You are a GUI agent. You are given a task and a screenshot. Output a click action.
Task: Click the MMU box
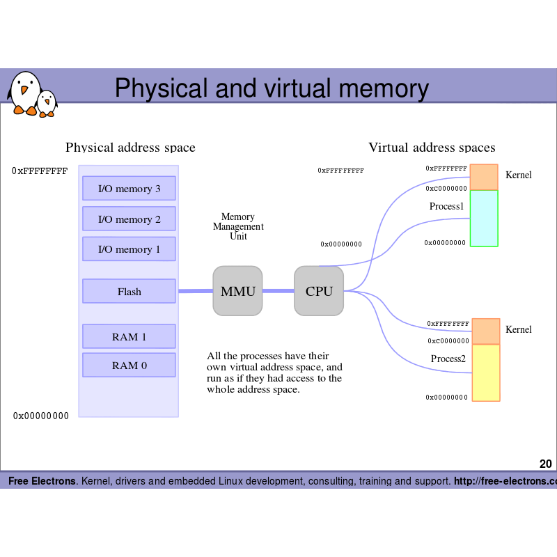(237, 291)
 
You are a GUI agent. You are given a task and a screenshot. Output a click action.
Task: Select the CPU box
(319, 291)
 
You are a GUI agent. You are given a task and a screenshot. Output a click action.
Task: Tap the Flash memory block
(129, 291)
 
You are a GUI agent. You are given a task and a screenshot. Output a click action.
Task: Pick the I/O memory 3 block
(129, 189)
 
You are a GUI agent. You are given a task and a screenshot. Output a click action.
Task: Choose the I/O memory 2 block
(129, 219)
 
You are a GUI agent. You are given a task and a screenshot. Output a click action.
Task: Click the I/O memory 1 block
(129, 249)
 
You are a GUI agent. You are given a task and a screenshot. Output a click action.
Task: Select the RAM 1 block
(129, 336)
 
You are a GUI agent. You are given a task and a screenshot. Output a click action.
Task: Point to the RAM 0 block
(129, 365)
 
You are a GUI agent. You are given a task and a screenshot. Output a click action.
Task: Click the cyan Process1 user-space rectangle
(484, 219)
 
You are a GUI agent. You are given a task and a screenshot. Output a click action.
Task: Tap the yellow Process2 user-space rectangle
(486, 373)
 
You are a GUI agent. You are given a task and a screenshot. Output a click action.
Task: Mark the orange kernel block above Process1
(484, 178)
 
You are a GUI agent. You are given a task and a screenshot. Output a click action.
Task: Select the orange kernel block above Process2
(486, 331)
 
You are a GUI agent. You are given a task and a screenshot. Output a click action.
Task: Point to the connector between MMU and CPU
(278, 291)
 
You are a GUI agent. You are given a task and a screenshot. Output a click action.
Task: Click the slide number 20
(545, 464)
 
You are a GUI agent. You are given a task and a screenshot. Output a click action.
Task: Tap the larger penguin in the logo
(25, 92)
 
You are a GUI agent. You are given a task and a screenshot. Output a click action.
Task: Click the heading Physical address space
(130, 148)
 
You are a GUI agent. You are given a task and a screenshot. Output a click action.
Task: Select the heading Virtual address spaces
(432, 148)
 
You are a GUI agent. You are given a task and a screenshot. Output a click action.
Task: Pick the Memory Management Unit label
(238, 226)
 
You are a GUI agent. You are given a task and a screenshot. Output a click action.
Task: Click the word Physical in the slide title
(161, 89)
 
